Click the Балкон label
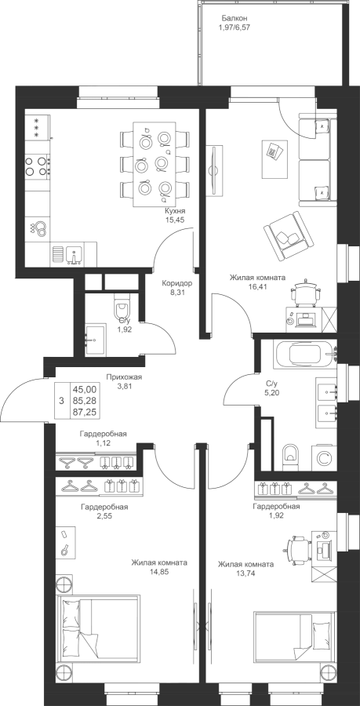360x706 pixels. [235, 19]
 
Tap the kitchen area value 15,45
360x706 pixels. [175, 220]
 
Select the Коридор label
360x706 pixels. [177, 284]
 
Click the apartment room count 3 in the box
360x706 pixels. [61, 400]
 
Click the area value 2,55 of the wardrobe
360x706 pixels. [104, 516]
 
